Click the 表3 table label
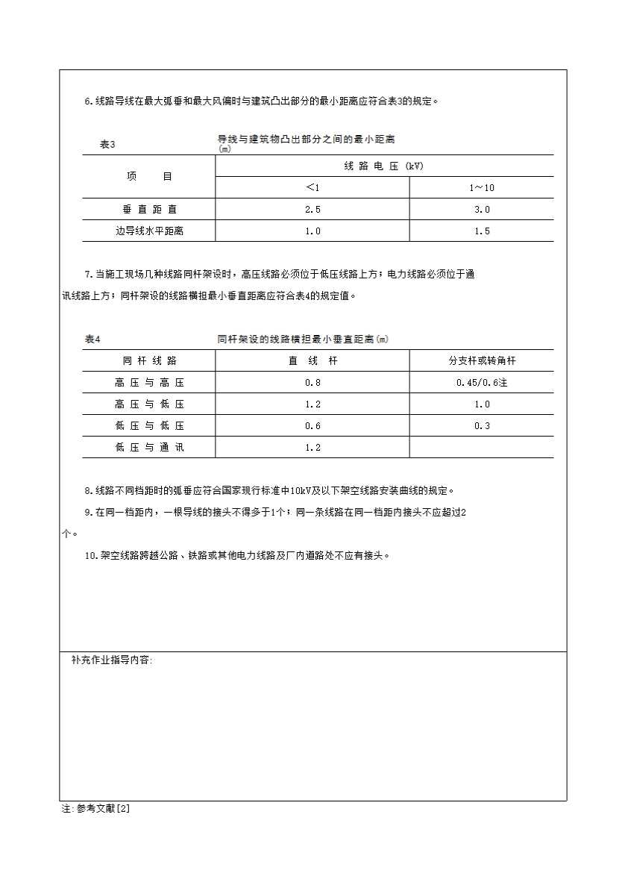[x=107, y=145]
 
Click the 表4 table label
[x=92, y=340]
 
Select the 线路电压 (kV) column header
[x=384, y=166]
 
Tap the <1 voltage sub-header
[x=312, y=187]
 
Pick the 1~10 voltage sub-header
[x=482, y=188]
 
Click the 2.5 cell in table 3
[x=312, y=210]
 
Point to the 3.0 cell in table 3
[x=482, y=210]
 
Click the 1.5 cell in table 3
[x=482, y=231]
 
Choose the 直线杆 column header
[x=312, y=361]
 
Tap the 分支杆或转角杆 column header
[x=482, y=361]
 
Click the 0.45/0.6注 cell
[x=482, y=383]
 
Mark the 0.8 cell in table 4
[x=312, y=383]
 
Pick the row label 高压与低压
[x=149, y=404]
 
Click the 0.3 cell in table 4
[x=482, y=426]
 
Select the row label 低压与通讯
[x=149, y=448]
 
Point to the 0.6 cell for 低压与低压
[x=312, y=426]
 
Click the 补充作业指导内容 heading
[x=112, y=660]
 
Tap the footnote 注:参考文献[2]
[x=96, y=808]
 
